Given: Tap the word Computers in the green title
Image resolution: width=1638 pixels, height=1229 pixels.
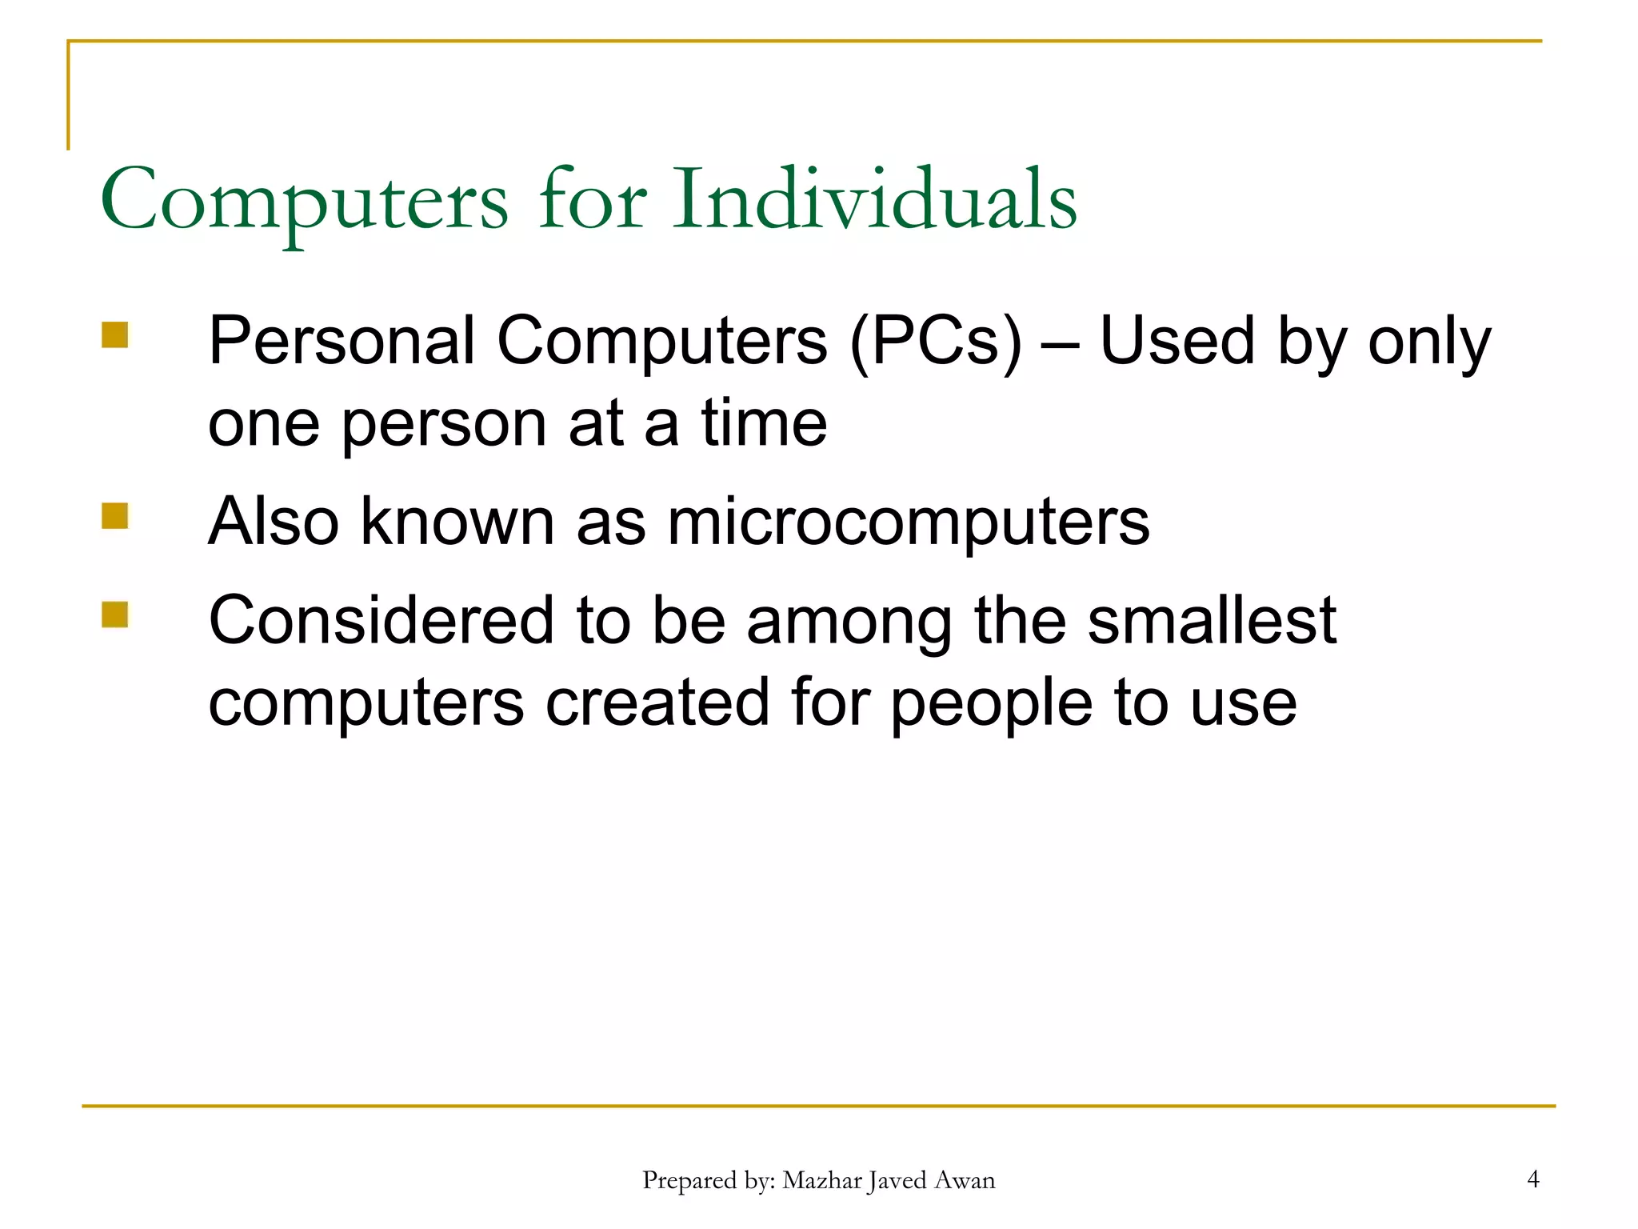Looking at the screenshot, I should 304,199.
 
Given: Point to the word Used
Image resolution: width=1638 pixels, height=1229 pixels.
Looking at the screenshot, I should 1177,341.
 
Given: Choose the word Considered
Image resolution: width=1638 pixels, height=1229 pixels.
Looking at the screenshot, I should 381,620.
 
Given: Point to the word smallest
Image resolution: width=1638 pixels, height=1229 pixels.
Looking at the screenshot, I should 1212,620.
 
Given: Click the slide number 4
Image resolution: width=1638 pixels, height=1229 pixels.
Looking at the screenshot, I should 1532,1179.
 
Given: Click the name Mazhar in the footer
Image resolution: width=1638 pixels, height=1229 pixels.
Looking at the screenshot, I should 821,1180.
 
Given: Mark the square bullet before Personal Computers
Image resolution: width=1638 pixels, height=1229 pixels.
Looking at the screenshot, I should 115,335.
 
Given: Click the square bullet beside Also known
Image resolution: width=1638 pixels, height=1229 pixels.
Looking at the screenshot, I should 115,516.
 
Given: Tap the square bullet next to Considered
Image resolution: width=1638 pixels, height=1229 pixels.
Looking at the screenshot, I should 115,614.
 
